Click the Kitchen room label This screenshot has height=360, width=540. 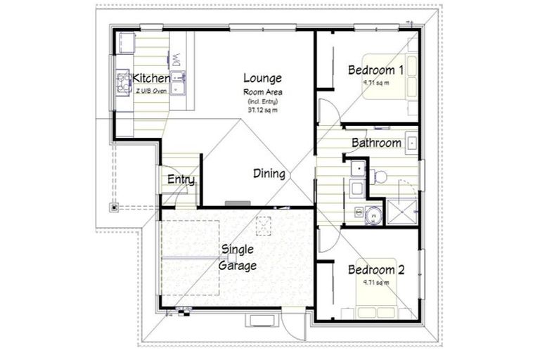[151, 79]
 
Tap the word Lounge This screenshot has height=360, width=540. [262, 78]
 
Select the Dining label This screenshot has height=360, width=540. [269, 174]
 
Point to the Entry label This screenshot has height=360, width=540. [181, 180]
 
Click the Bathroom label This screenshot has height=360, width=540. [376, 143]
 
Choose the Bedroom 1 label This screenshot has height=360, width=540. [376, 70]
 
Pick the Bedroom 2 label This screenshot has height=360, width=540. [376, 270]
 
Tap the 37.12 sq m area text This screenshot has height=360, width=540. [262, 110]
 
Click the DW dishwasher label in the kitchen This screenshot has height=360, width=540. [177, 62]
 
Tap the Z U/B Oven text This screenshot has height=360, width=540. [151, 90]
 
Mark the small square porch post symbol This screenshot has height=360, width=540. [112, 207]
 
